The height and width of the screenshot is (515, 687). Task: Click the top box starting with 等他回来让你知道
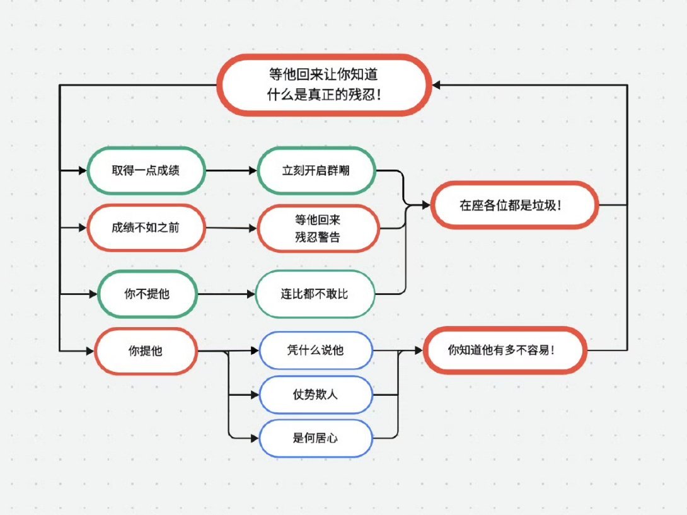324,84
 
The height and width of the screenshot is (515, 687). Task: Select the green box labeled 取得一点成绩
146,170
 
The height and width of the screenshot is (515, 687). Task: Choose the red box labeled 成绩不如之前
146,228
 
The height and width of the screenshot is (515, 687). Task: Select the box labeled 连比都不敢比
315,294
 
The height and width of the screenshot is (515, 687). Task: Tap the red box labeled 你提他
146,351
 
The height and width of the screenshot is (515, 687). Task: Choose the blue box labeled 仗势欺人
315,395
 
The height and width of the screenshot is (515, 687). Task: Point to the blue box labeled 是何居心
315,437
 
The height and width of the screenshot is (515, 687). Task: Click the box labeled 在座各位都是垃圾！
514,205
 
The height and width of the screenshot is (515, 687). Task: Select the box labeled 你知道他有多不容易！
505,350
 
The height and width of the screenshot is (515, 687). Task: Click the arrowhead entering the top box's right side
437,84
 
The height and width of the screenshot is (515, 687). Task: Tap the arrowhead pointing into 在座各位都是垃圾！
425,205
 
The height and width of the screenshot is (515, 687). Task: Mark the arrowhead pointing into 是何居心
255,437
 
